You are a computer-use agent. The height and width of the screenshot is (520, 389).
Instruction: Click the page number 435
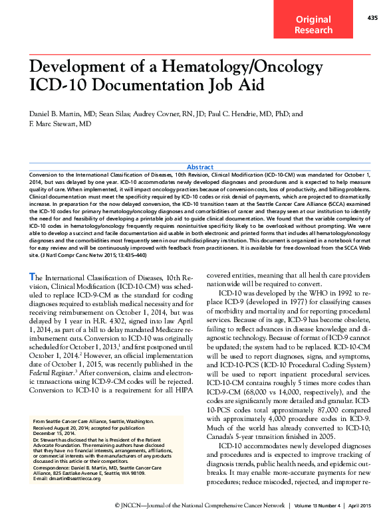tap(372, 18)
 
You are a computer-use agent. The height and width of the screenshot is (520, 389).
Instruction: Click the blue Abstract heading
tap(200, 167)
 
